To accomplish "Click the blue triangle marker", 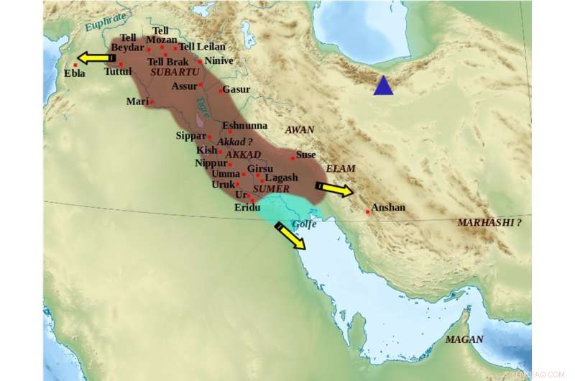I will (383, 86).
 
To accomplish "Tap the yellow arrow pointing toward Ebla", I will (95, 58).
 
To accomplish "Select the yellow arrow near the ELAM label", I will (334, 189).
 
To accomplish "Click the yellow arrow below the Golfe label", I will (290, 236).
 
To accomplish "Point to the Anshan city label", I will (388, 208).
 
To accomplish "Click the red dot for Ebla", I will (75, 65).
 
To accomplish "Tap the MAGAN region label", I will (464, 339).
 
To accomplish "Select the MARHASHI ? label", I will (489, 222).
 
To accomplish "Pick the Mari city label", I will (137, 101).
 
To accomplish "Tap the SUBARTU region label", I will (174, 73).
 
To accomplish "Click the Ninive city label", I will (219, 61).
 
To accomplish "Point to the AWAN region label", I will (300, 129).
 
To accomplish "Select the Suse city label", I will (306, 155).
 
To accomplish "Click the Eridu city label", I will (247, 208).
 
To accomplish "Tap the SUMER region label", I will (272, 189).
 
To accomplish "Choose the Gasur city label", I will (236, 90).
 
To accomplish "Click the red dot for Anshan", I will (367, 211).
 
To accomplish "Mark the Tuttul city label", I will (118, 72).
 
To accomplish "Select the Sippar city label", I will (190, 135).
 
